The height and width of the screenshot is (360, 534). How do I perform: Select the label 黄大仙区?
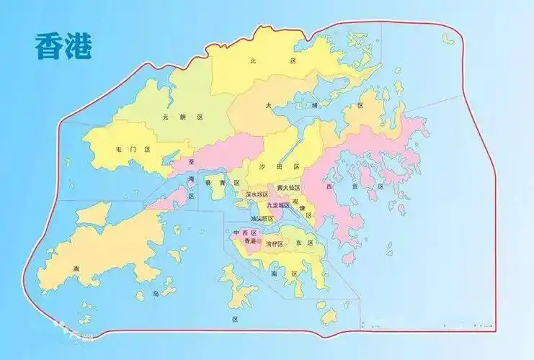(x=288, y=187)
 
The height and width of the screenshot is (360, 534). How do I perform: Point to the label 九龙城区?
(x=278, y=205)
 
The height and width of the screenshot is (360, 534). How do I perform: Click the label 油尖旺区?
(x=262, y=217)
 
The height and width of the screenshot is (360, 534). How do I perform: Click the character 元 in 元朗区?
(x=166, y=117)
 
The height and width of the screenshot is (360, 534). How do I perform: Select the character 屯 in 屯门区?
(x=119, y=149)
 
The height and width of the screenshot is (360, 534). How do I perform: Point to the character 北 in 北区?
(x=253, y=62)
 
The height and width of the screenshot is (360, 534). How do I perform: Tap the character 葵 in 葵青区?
(x=208, y=183)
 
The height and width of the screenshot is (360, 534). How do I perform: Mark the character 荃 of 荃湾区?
(x=191, y=163)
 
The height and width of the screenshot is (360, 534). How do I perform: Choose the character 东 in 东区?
(x=297, y=243)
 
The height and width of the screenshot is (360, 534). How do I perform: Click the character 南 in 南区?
(x=274, y=274)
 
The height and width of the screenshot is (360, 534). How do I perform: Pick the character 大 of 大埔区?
(x=268, y=105)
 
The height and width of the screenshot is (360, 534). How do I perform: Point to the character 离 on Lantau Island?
(x=75, y=269)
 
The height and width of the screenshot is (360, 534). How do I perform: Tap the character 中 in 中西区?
(x=236, y=233)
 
